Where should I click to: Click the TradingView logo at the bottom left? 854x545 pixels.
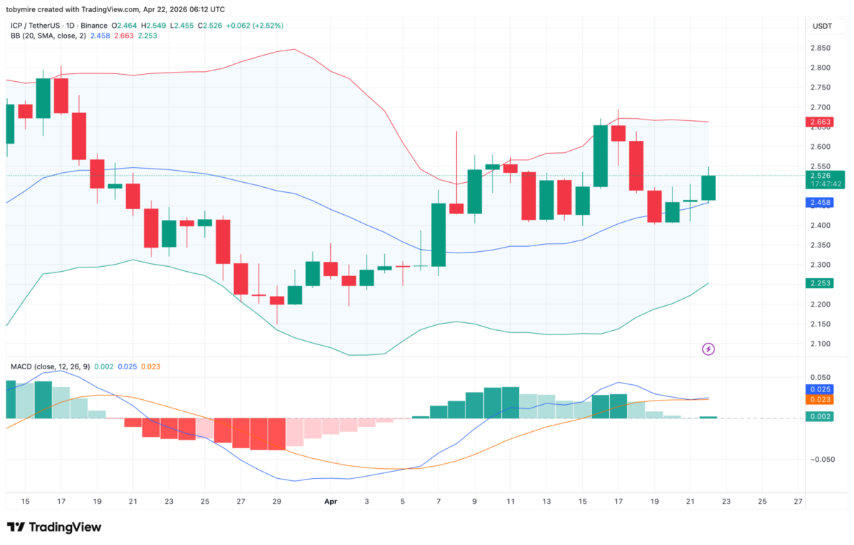(54, 527)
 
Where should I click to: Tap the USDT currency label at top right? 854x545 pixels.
(823, 26)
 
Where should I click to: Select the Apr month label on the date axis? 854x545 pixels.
(330, 502)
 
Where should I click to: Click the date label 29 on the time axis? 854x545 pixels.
(277, 502)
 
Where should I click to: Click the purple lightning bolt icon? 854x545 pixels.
(709, 349)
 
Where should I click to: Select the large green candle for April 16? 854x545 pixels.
(600, 156)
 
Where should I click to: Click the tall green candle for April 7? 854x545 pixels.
(438, 235)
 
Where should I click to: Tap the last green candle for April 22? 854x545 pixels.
(708, 188)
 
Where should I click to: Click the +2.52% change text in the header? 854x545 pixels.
(269, 26)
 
